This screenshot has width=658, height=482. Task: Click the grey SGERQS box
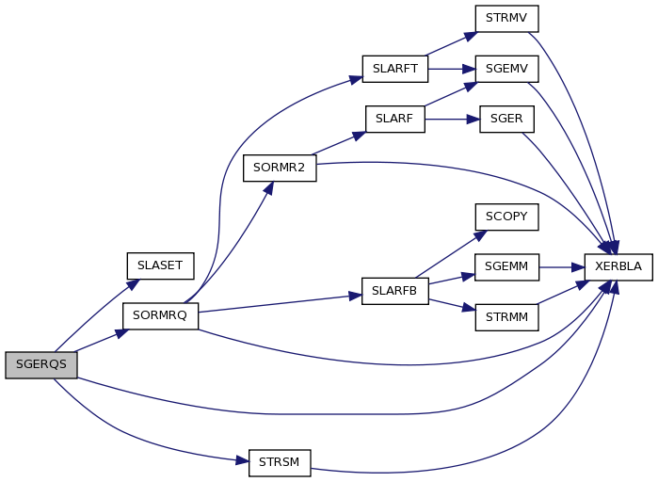click(x=41, y=365)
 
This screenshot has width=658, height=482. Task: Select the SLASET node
click(x=160, y=266)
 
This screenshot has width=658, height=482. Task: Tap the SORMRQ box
click(x=160, y=316)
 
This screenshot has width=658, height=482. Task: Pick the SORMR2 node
click(x=280, y=169)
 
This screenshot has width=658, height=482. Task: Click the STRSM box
click(x=280, y=463)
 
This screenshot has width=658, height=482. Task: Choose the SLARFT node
click(x=394, y=69)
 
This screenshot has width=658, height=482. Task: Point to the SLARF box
click(x=394, y=120)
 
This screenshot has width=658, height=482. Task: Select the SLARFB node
click(x=394, y=291)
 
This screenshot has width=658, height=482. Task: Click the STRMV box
click(x=506, y=19)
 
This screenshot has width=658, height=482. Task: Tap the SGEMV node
click(x=506, y=69)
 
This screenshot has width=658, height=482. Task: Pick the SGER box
click(x=506, y=120)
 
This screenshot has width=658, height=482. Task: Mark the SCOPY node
click(x=506, y=217)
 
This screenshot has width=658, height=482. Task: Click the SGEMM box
click(x=506, y=266)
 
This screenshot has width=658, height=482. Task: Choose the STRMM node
click(x=506, y=317)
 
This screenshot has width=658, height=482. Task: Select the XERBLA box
click(x=618, y=266)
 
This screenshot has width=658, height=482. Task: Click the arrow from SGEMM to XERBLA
click(x=562, y=267)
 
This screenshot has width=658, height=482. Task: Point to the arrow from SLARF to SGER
click(x=453, y=120)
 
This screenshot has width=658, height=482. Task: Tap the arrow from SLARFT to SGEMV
click(x=452, y=70)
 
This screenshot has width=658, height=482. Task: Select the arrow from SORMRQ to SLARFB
click(x=280, y=304)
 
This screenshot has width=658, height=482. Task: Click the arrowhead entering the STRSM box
click(x=242, y=460)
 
